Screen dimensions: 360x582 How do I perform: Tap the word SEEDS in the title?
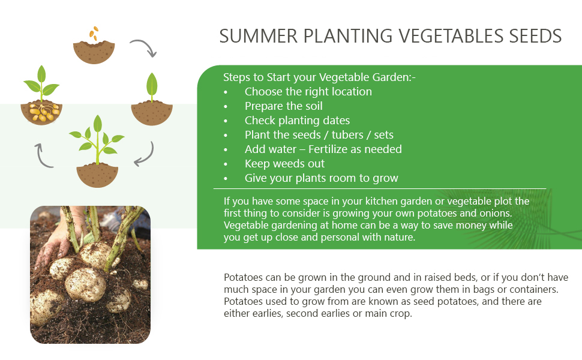click(x=532, y=36)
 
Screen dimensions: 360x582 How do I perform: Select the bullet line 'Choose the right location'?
click(x=308, y=92)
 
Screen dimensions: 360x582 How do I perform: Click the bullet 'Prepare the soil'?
click(x=283, y=106)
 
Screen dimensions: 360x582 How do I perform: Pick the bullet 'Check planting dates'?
click(x=297, y=121)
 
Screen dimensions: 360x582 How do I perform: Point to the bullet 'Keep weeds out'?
click(x=284, y=164)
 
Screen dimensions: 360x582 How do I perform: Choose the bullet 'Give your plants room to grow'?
click(x=321, y=178)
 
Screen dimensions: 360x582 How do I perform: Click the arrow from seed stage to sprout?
click(x=143, y=49)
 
